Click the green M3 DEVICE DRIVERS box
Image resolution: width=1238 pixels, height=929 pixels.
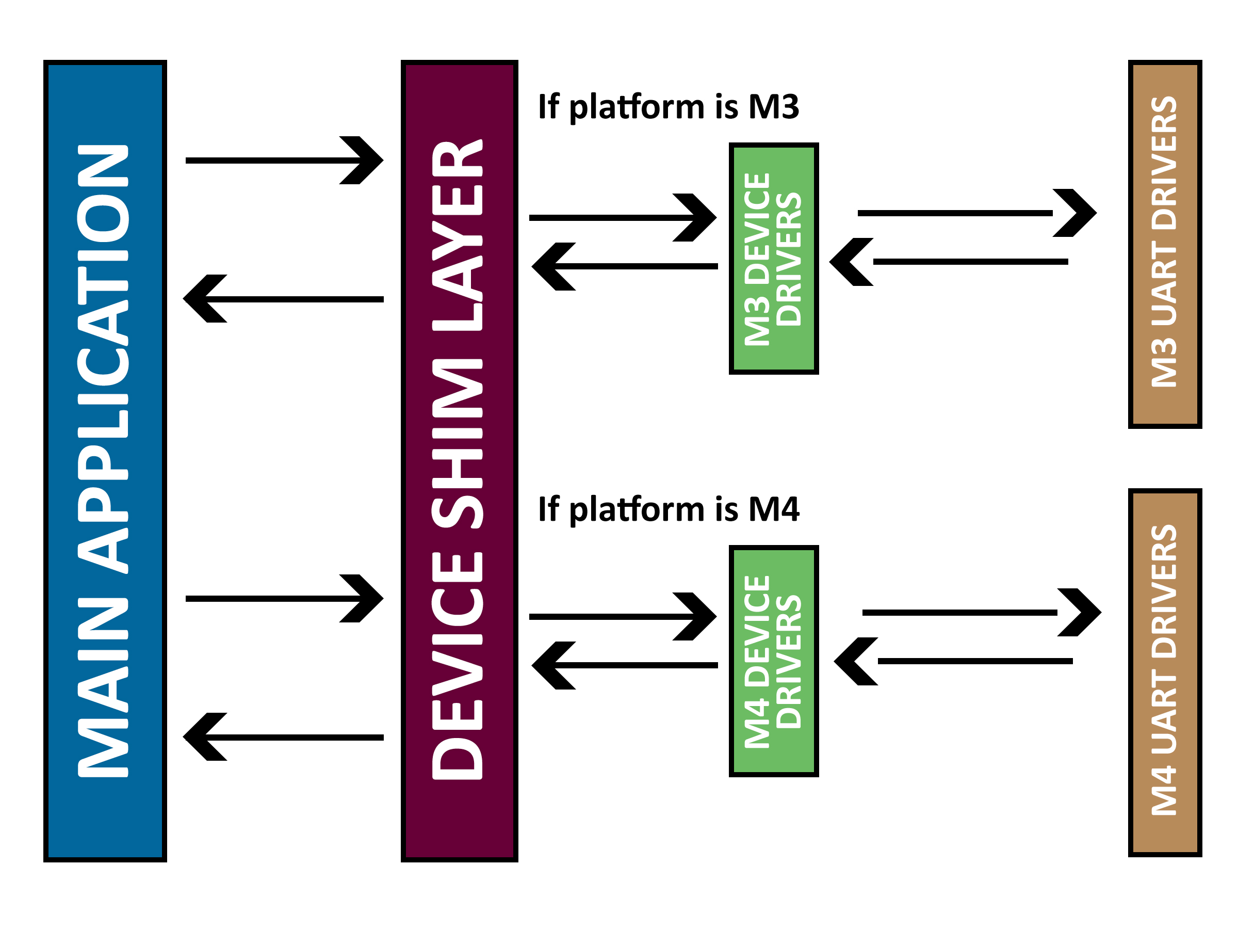pos(773,259)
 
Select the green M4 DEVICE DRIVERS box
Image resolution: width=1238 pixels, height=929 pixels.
pos(773,661)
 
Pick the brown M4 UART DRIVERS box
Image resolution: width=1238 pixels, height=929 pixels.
pos(1165,672)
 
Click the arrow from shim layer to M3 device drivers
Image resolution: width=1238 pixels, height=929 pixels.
pos(621,218)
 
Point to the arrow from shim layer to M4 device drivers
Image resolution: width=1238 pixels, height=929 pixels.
pos(621,617)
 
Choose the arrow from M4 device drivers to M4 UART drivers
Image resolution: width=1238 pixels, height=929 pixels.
pos(980,613)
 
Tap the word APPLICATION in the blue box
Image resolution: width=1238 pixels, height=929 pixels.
pos(103,358)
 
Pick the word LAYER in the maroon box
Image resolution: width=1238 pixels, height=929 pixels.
pos(457,235)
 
